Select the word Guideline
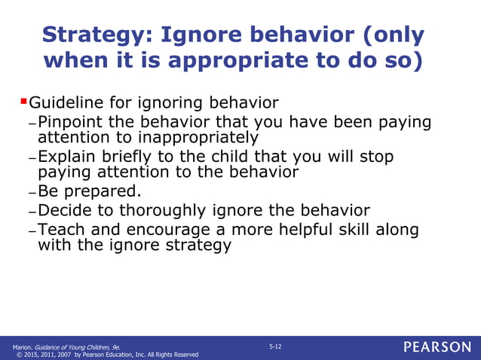pyautogui.click(x=66, y=102)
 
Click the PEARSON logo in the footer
pyautogui.click(x=437, y=347)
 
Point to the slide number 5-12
pyautogui.click(x=274, y=345)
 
